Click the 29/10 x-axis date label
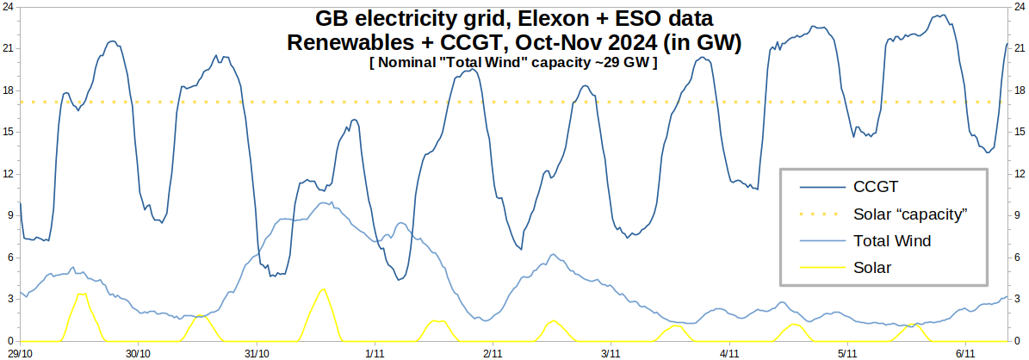pos(20,353)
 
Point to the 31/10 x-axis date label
pos(257,353)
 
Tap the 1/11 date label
pos(375,353)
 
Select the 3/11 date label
pos(611,353)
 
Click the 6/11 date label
pos(965,353)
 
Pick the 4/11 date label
pos(729,353)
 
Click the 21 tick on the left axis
pos(9,48)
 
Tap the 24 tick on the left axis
pos(9,6)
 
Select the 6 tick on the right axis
pos(1018,258)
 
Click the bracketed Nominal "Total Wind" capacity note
pos(512,62)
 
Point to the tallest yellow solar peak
pos(323,289)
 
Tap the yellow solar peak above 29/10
pos(81,294)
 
